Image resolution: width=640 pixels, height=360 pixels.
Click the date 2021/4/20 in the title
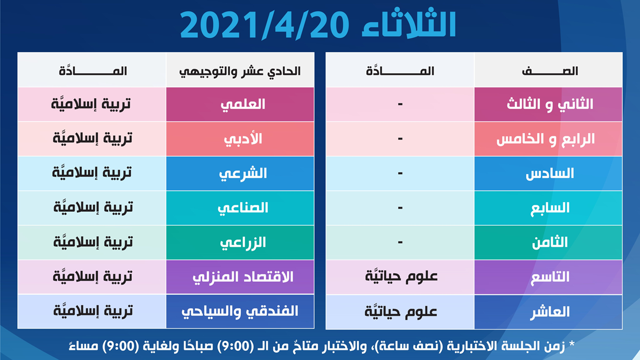pos(265,25)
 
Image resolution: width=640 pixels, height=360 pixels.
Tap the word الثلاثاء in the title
pos(409,24)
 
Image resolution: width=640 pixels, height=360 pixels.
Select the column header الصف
pos(550,71)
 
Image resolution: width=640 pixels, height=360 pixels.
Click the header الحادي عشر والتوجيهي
pos(240,72)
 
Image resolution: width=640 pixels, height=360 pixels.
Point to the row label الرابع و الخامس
pos(546,139)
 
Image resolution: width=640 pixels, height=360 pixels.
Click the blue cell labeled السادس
pos(548,174)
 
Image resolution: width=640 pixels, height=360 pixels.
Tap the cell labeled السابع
pos(548,208)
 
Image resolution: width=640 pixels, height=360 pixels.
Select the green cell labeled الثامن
pos(548,243)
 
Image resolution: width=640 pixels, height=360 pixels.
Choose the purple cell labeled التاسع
pos(548,277)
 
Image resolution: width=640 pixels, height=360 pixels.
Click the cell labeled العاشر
pos(548,312)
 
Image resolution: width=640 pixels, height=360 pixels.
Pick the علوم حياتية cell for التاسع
pos(401,276)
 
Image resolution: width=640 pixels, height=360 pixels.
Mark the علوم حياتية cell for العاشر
pos(401,311)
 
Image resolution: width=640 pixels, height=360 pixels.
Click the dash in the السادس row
pos(400,174)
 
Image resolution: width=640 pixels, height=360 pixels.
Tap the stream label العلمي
pos(243,105)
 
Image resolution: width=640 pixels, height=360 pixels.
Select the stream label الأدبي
pos(243,139)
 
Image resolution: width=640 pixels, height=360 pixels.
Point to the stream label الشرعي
pos(243,174)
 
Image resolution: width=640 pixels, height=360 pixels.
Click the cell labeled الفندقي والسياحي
pos(240,312)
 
